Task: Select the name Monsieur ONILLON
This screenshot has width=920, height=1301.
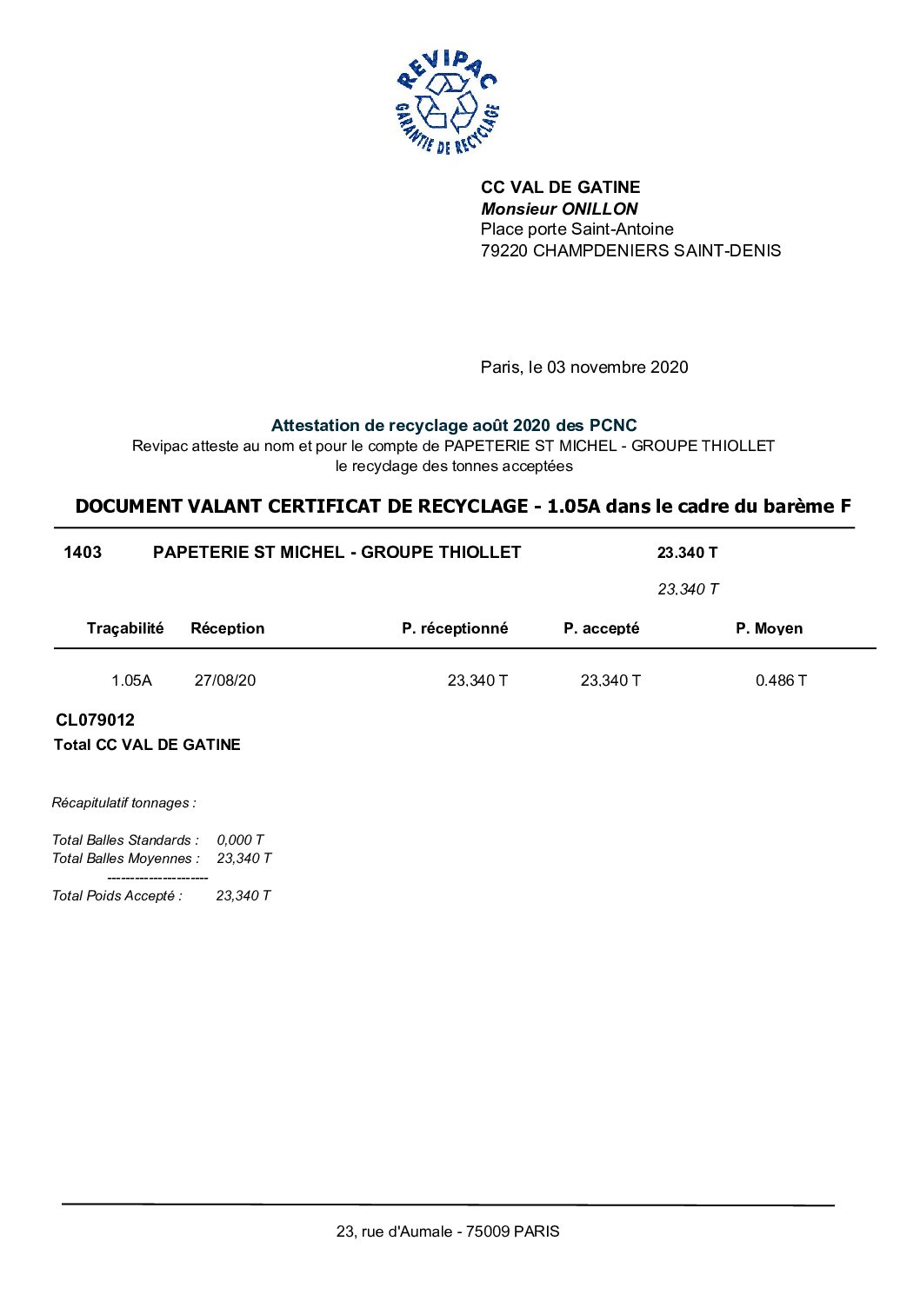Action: point(559,209)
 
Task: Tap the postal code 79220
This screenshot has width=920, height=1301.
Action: point(504,251)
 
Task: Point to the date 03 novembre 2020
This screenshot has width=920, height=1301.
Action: point(617,368)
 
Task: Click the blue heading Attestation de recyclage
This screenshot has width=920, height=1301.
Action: point(453,426)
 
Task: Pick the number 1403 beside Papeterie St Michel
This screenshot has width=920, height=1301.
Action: point(83,553)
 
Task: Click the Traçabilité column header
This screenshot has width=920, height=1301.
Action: point(125,628)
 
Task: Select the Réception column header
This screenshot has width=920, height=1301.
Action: point(227,628)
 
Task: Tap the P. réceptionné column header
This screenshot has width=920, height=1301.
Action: point(454,628)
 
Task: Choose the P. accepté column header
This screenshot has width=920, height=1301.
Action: point(601,628)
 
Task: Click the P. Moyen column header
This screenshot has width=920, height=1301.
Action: point(769,628)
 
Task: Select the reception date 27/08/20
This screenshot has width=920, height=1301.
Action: point(225,680)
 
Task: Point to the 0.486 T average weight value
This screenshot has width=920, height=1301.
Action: point(781,680)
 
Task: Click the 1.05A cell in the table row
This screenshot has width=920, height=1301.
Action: point(131,680)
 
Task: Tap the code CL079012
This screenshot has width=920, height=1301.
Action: point(95,720)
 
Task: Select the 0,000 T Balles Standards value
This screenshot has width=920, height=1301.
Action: point(240,840)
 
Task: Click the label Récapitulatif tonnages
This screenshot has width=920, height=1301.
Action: point(123,803)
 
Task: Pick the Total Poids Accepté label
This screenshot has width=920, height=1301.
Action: point(117,896)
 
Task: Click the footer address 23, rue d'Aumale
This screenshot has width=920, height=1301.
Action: point(448,1231)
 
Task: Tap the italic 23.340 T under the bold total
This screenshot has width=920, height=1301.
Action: point(688,589)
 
